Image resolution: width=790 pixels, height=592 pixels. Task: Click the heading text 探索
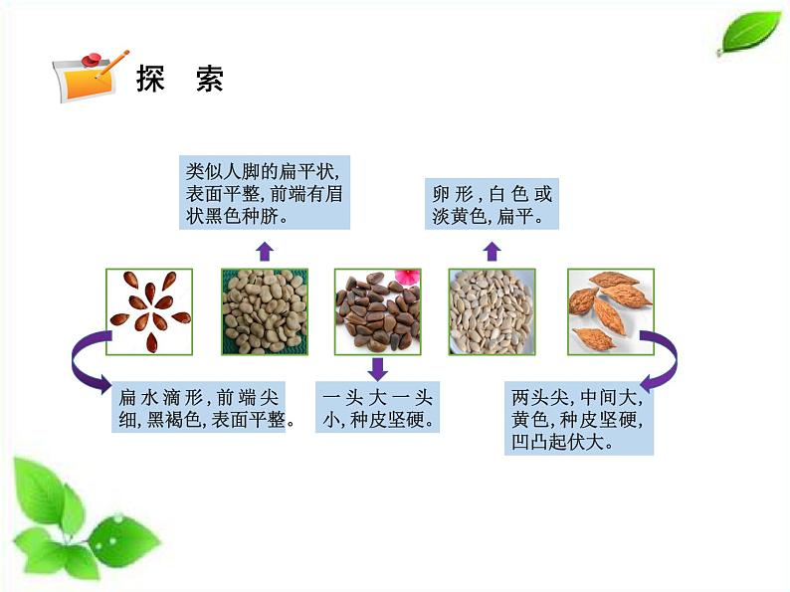[x=180, y=80]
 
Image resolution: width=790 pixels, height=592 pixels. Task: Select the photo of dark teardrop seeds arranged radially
[x=150, y=311]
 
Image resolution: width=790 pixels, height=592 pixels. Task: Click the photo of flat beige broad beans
[x=264, y=311]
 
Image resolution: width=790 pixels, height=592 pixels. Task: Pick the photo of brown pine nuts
[x=377, y=311]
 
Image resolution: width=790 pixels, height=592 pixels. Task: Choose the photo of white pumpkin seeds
[x=492, y=311]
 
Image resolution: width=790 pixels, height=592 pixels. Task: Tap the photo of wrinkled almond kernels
[x=610, y=311]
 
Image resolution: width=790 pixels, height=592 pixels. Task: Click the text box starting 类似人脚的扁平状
[x=265, y=192]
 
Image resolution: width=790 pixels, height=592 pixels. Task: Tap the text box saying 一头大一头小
[x=377, y=408]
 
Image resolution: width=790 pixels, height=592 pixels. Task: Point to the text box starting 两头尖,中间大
[x=579, y=419]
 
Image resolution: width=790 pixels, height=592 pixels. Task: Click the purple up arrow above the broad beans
[x=264, y=249]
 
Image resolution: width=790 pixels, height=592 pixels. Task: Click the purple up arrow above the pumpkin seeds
[x=491, y=250]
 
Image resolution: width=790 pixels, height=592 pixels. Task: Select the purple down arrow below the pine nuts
[x=377, y=368]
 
